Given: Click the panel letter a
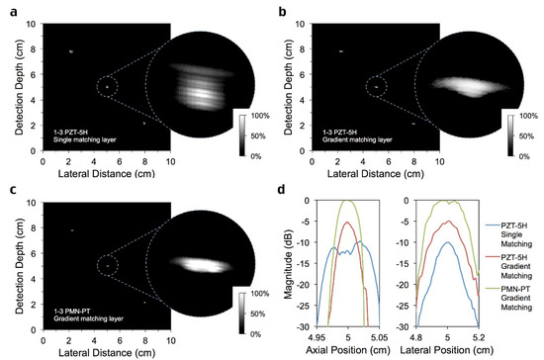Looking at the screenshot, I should [x=7, y=8].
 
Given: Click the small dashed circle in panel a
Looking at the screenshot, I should [x=107, y=87].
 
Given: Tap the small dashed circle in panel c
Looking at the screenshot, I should [x=107, y=265].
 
